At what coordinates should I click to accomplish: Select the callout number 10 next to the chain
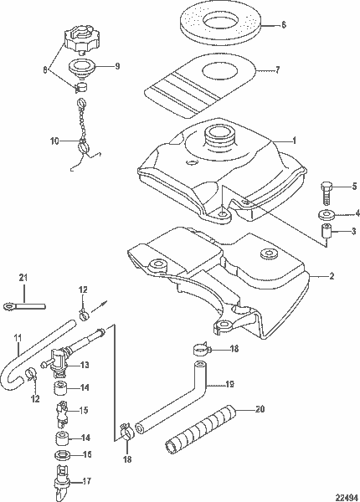click(x=53, y=142)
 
